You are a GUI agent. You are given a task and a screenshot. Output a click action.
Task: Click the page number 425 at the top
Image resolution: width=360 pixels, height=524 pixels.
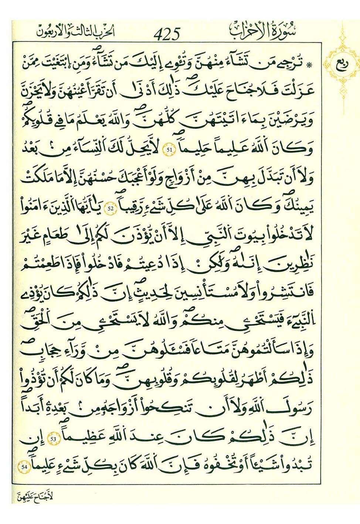click(x=167, y=34)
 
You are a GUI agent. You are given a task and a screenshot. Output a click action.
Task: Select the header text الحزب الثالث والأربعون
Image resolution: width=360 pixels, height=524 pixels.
click(x=76, y=32)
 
